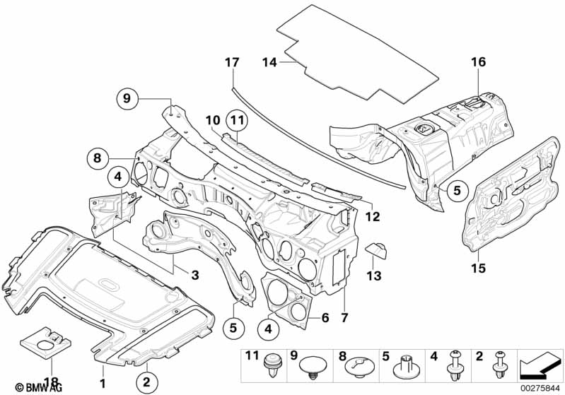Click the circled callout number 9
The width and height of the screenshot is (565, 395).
127,99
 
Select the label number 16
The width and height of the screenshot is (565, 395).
479,62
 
